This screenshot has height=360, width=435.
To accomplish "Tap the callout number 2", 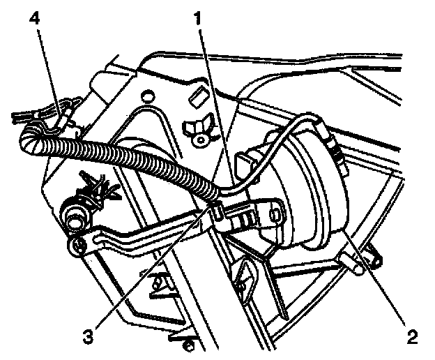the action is tap(411, 337).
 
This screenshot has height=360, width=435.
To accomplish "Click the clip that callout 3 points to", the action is tap(215, 209).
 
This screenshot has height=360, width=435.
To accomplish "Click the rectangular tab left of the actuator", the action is tap(245, 165).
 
